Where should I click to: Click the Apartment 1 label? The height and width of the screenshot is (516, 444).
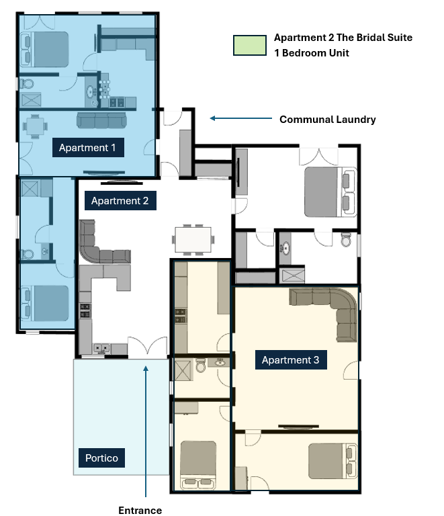pos(87,148)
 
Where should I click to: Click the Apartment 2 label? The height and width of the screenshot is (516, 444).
pos(120,200)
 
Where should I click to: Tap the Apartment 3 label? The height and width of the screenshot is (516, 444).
pos(290,360)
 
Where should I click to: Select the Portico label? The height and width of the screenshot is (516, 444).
pos(101,458)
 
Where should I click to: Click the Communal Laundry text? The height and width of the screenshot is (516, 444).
pos(327,120)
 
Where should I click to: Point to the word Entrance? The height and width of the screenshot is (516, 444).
pos(140,510)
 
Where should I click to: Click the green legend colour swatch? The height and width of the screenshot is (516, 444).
pos(249,45)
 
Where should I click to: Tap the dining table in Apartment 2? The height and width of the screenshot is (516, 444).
pos(193,238)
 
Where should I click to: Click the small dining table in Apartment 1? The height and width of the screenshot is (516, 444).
pos(35,125)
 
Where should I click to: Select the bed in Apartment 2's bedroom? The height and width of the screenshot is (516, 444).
pos(327,191)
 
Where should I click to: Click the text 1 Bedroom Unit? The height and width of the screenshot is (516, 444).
pos(311,53)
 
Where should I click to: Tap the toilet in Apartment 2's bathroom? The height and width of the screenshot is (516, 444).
pos(346,240)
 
